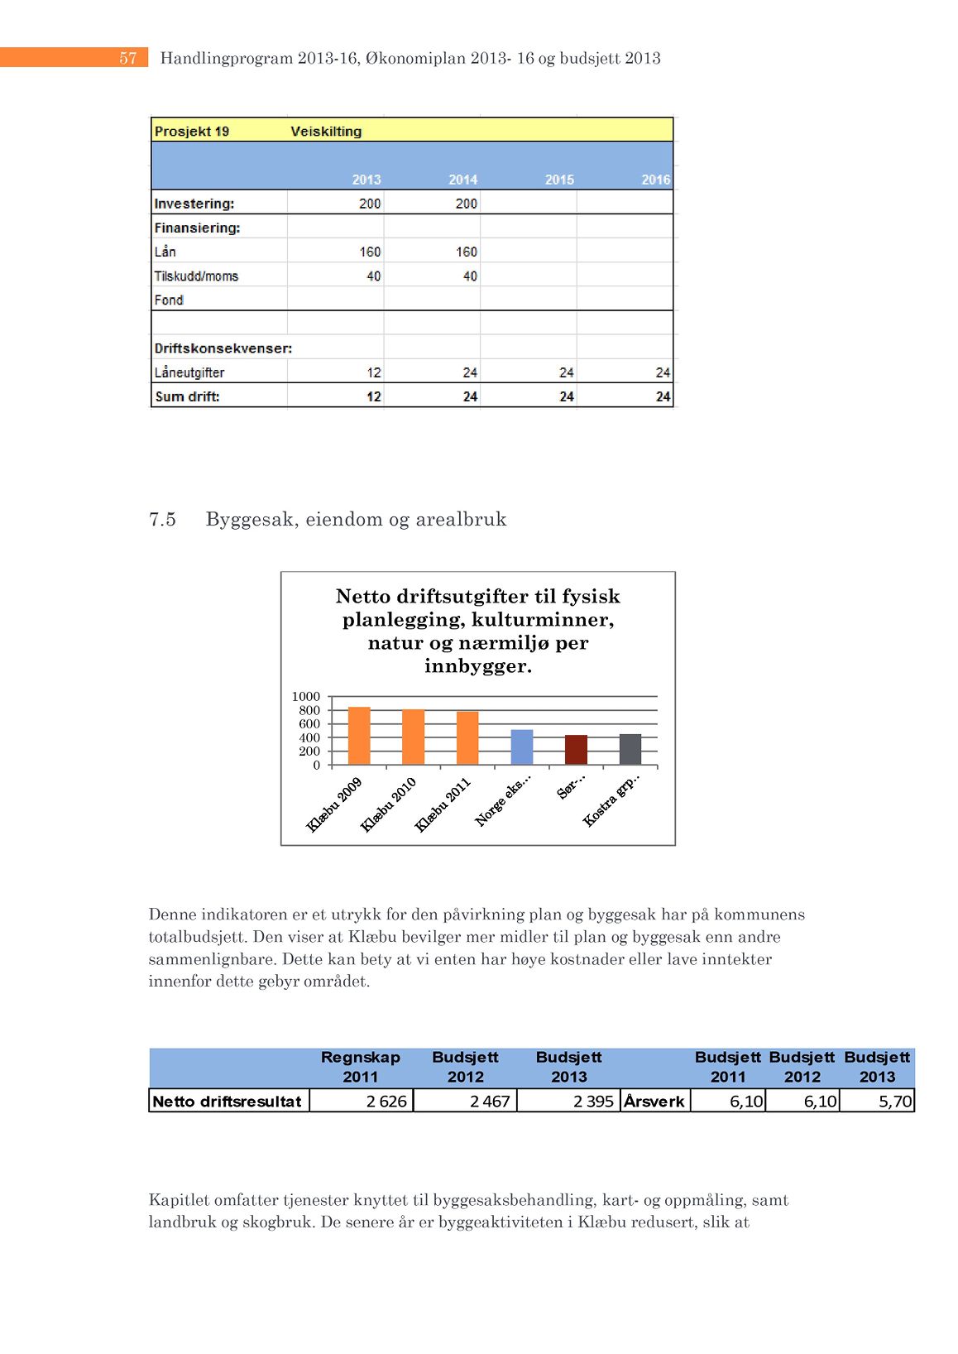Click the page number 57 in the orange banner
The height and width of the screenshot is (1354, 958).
click(127, 58)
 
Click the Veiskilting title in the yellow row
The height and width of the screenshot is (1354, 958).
click(326, 132)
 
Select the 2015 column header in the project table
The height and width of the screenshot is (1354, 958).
click(559, 180)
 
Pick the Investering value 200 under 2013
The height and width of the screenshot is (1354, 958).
click(369, 204)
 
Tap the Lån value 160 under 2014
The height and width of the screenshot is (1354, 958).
click(466, 252)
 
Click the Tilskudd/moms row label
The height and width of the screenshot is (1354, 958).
click(196, 276)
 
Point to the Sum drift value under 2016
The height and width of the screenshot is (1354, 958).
click(663, 397)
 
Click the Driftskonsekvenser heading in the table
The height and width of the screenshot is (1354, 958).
click(223, 348)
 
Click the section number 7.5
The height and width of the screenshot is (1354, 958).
click(162, 520)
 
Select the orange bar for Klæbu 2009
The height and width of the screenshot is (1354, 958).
click(359, 736)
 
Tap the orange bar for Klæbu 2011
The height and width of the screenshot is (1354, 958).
click(467, 737)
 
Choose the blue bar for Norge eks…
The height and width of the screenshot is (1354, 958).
click(522, 747)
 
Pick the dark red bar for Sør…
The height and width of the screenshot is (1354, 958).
click(576, 750)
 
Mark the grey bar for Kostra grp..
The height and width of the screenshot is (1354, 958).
click(630, 749)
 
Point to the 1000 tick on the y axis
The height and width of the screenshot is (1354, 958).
click(305, 697)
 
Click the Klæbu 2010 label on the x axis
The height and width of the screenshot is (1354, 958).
click(388, 804)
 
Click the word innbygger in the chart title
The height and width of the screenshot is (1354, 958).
click(477, 666)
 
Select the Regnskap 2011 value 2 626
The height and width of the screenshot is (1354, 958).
click(386, 1102)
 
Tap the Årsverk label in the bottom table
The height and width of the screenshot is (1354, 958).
click(654, 1102)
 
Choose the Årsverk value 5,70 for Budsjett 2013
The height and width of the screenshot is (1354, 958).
click(894, 1102)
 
